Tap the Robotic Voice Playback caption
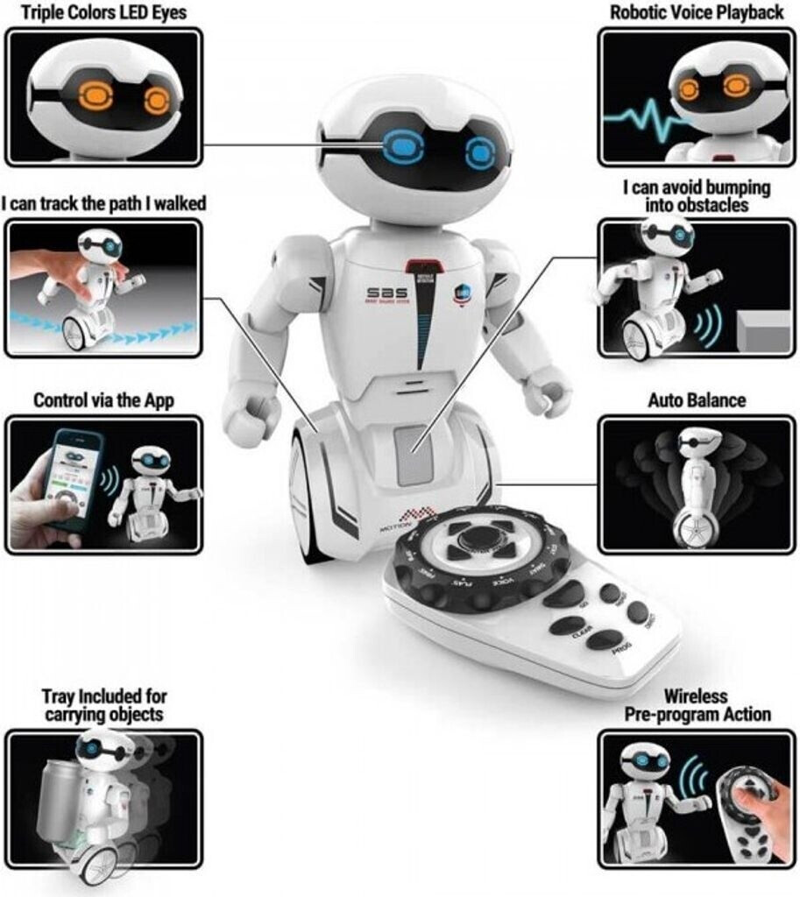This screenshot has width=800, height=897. pos(697,13)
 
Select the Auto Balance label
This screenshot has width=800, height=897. pos(697,400)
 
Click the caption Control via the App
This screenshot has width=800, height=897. pos(103,400)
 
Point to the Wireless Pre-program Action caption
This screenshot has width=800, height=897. pos(697,706)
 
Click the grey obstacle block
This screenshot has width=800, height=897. pos(761,333)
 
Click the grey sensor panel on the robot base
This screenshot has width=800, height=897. pos(414,455)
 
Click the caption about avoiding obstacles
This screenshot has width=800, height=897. pos(697,196)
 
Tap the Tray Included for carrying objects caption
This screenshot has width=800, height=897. pos(103,706)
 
